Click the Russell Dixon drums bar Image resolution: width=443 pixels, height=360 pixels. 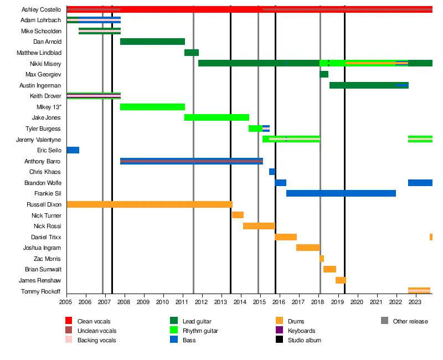coord(150,204)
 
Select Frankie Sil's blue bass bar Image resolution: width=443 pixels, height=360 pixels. coord(341,193)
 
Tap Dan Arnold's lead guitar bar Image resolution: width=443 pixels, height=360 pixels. coord(152,42)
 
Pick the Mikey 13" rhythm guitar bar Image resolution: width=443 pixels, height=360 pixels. coord(152,107)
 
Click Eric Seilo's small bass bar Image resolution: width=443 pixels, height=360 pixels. coord(73,150)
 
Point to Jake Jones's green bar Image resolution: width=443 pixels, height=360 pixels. coord(217,117)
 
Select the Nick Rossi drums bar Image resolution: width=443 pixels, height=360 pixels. coord(259,226)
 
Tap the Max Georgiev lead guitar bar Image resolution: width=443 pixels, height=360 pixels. coord(324,74)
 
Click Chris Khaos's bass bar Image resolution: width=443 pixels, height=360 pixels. coord(272,172)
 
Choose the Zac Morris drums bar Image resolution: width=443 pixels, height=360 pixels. coord(322,259)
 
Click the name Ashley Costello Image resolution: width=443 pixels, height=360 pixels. coord(41,10)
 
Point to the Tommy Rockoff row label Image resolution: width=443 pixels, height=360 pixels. coord(40,291)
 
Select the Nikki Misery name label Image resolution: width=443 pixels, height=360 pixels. coord(45,64)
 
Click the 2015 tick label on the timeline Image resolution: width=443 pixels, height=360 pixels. coord(260,302)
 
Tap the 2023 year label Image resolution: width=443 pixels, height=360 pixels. coord(415,302)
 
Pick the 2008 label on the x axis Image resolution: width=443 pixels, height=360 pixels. coord(124,302)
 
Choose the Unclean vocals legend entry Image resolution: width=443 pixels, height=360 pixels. coord(97,331)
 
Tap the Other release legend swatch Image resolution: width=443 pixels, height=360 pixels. coord(384,321)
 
